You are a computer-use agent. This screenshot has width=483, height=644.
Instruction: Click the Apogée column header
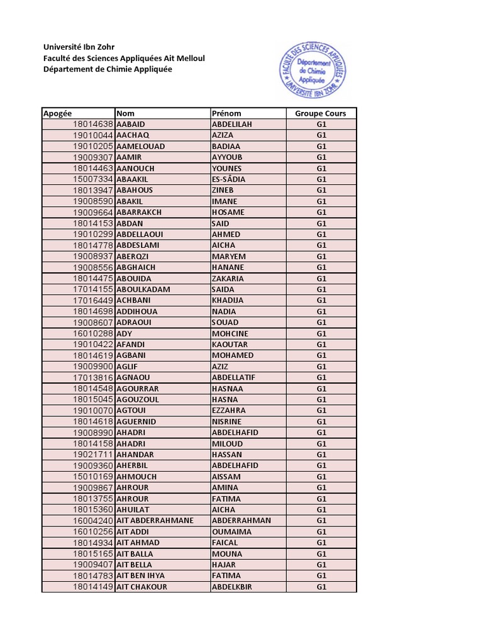[58, 113]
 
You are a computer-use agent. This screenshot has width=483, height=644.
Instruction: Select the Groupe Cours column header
[321, 113]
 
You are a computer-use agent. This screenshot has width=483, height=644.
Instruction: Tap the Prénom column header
[227, 113]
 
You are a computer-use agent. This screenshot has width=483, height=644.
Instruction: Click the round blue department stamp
[313, 70]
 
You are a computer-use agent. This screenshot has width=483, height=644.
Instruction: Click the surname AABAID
[131, 125]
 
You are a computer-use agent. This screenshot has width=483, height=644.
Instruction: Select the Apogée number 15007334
[92, 179]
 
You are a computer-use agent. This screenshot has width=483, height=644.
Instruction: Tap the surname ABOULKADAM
[143, 289]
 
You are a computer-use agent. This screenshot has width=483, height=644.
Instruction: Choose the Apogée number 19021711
[92, 455]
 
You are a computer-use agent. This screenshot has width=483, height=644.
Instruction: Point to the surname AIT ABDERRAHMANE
[155, 521]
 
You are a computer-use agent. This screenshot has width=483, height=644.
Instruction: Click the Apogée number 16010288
[92, 333]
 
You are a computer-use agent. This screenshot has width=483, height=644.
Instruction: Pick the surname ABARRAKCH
[140, 213]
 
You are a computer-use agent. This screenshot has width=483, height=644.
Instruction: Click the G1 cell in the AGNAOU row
[321, 377]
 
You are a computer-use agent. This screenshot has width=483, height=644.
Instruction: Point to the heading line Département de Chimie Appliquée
[107, 69]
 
